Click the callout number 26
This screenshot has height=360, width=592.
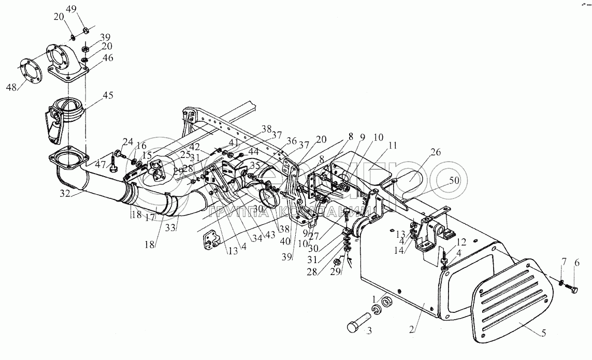[x=435, y=152]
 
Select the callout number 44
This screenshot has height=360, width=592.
[x=253, y=152]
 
